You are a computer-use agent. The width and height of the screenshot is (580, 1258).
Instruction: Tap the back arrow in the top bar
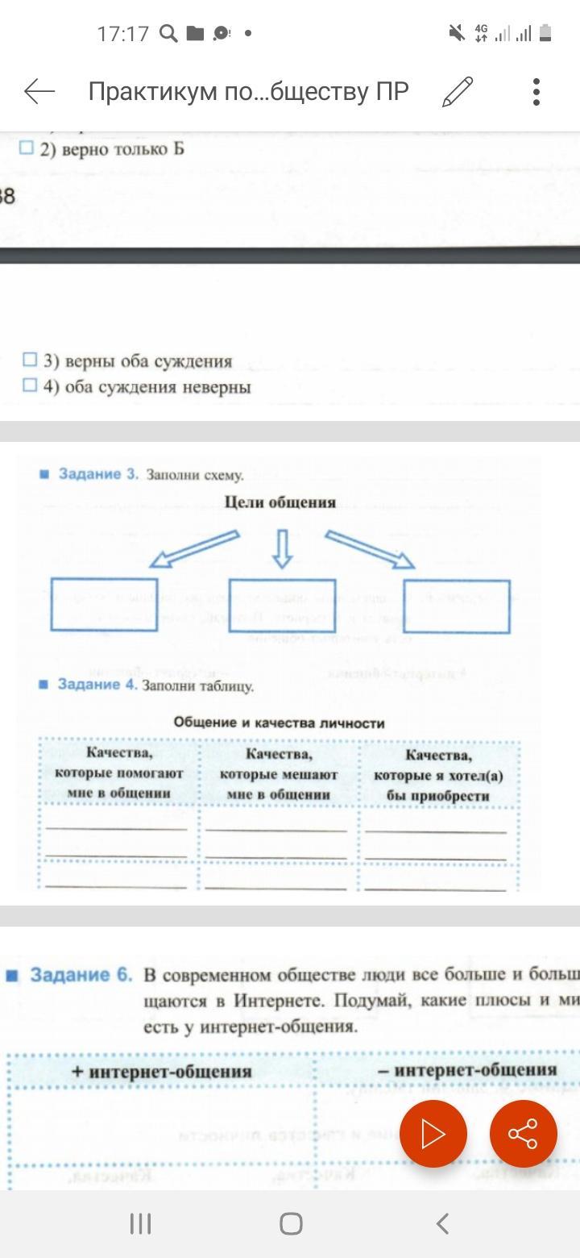tap(39, 92)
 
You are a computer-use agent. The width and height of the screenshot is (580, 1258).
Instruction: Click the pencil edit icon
tap(458, 92)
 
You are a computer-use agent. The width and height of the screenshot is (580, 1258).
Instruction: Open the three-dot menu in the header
tap(536, 92)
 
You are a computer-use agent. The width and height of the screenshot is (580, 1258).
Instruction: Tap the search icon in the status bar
tap(168, 33)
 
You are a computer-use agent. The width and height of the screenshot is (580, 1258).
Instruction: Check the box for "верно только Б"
tap(27, 148)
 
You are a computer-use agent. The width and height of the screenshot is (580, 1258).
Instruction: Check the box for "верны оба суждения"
tap(30, 360)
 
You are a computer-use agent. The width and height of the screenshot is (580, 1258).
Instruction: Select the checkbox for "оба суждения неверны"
tap(30, 385)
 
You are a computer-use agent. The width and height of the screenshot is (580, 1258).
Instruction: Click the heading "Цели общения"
tap(280, 502)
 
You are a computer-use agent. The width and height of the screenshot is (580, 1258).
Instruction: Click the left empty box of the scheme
tap(104, 605)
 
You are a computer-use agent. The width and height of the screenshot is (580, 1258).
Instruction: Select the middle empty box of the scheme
tap(282, 605)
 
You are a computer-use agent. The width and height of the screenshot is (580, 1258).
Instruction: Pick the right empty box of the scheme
tap(457, 606)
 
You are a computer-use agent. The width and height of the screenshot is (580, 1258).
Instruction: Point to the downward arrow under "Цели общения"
tap(281, 548)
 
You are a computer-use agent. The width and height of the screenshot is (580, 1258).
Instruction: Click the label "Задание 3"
tap(98, 474)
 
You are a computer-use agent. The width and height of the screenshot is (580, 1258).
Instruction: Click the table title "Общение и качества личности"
tap(280, 723)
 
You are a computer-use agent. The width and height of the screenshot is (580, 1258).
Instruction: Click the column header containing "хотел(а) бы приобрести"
tap(439, 775)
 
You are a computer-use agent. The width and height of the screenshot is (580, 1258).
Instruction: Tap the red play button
tap(433, 1134)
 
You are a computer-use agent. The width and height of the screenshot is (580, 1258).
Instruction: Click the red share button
tap(523, 1134)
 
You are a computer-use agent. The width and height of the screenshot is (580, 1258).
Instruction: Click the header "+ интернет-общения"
tap(161, 1072)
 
